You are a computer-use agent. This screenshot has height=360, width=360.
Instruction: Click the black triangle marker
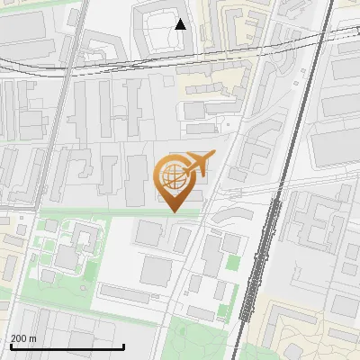(181, 24)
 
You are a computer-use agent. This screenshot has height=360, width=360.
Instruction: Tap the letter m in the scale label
(33, 338)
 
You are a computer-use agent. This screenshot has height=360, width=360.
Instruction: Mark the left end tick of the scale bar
(11, 346)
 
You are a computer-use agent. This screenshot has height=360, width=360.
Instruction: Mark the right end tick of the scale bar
(123, 346)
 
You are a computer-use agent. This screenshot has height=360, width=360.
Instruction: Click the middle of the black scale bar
(67, 346)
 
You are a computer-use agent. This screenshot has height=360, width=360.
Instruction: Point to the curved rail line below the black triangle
(180, 61)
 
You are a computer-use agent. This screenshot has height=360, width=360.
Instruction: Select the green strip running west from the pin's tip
(99, 212)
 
